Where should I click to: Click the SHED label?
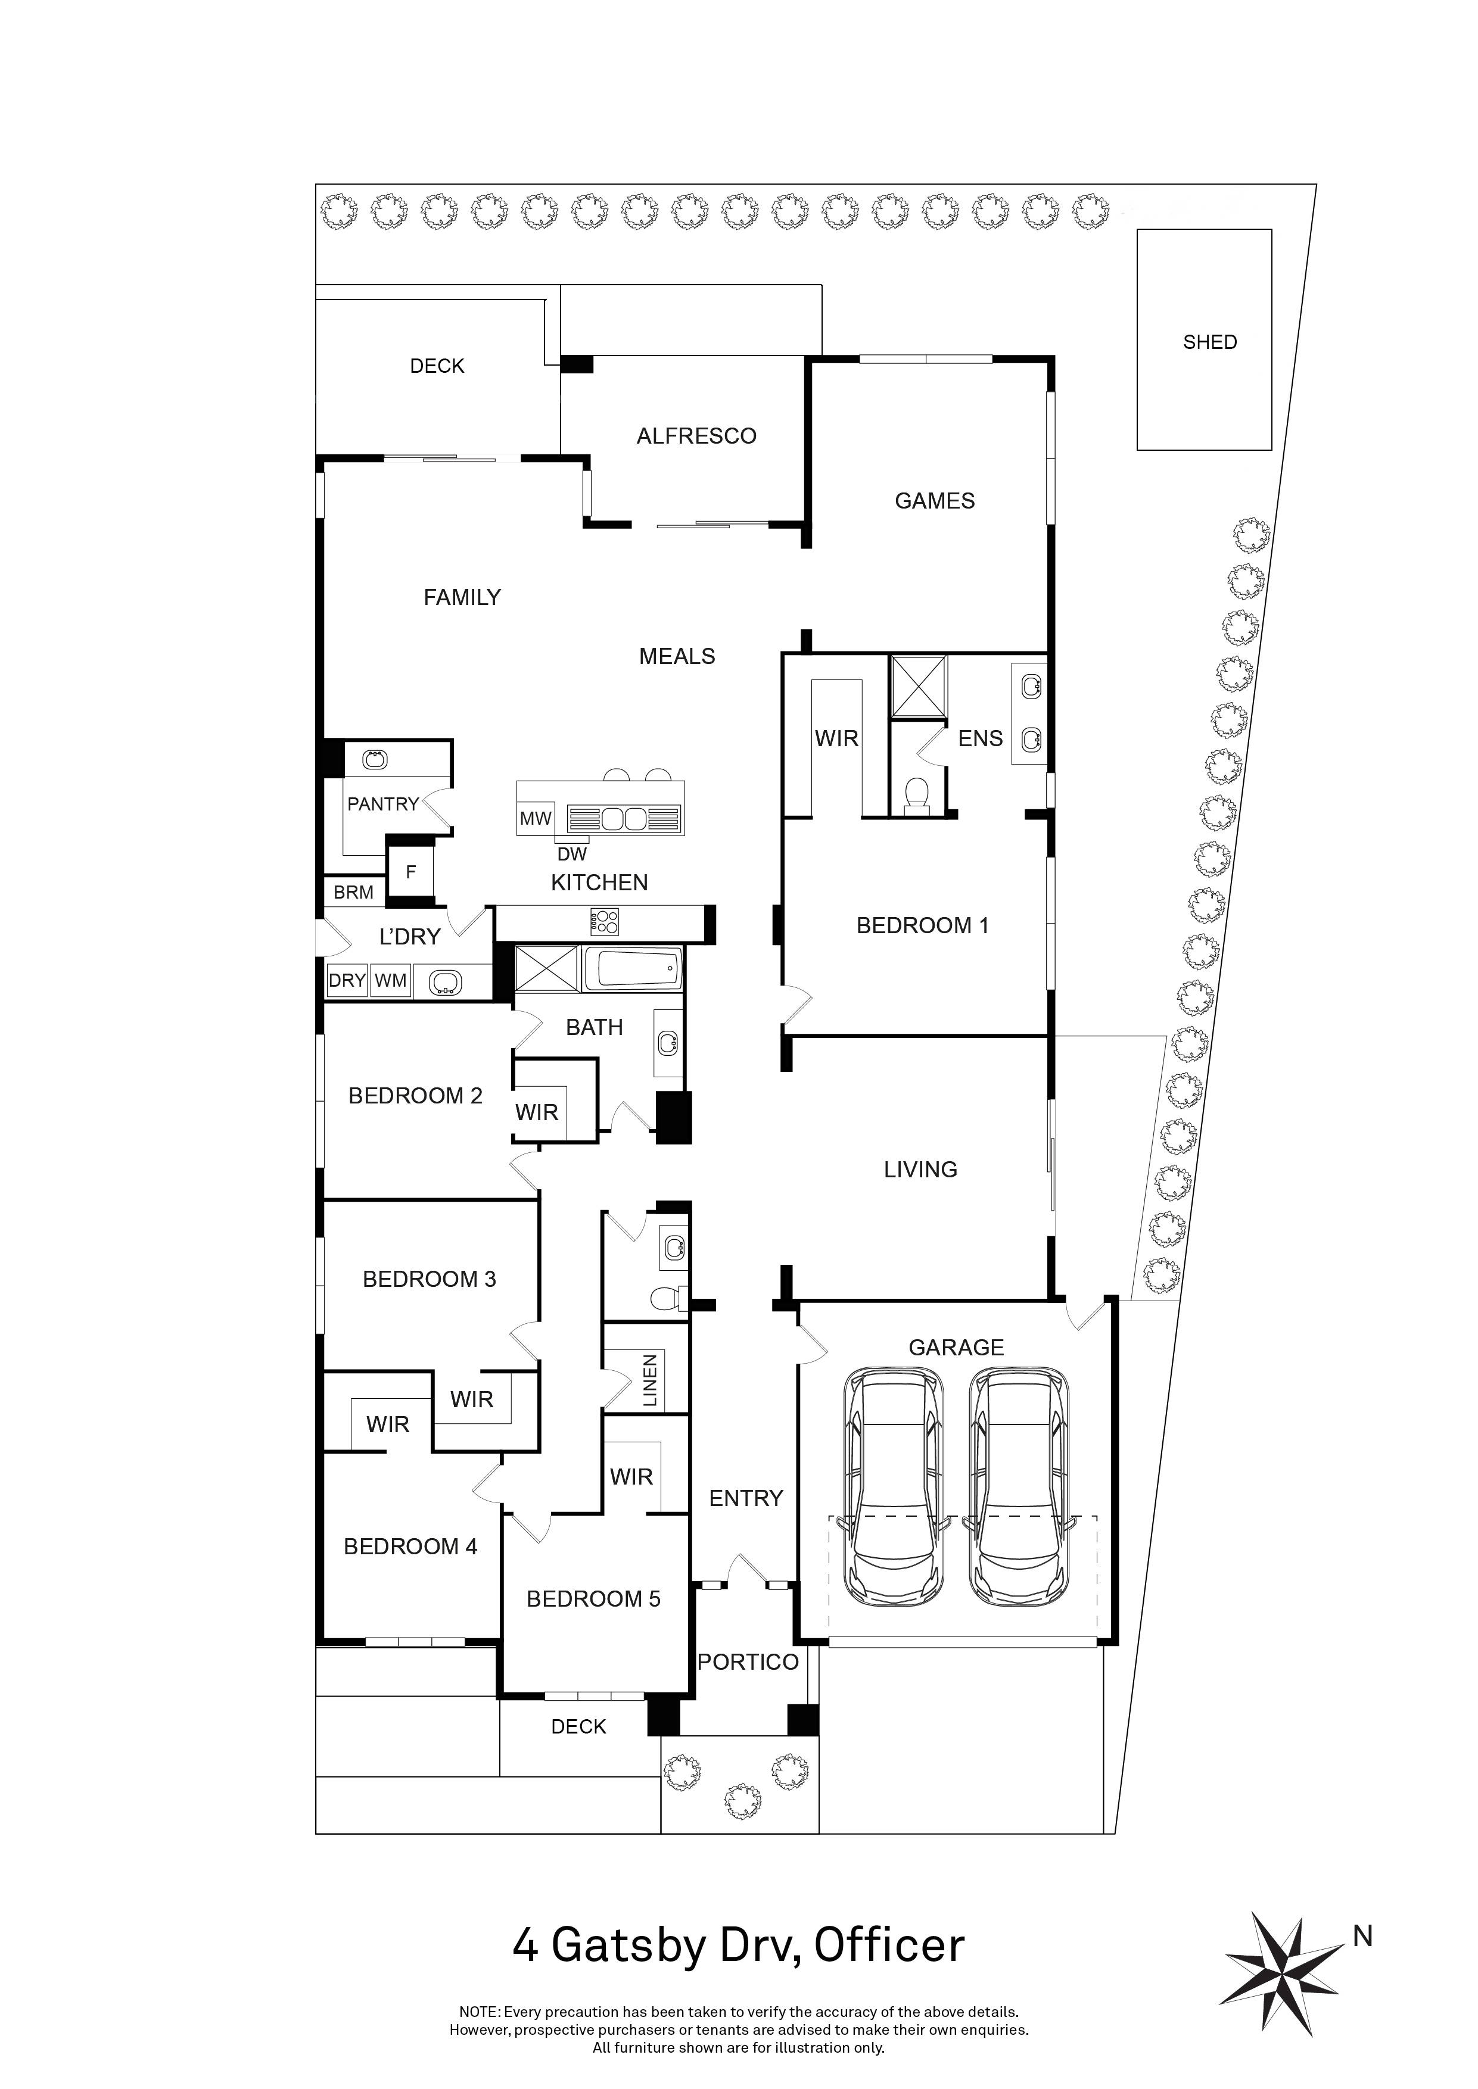pos(1209,342)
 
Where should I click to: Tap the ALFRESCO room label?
pos(696,436)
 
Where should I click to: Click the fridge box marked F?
pos(410,872)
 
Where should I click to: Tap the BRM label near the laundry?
pos(353,893)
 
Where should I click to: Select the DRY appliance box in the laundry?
pos(347,980)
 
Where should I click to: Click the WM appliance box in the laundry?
pos(390,980)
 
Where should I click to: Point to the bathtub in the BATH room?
pos(631,968)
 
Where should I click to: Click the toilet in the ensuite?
pos(917,793)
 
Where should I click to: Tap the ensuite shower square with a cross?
pos(918,686)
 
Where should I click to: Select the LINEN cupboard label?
pos(650,1380)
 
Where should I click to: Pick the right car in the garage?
pos(1019,1489)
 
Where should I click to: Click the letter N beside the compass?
pos(1362,1936)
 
